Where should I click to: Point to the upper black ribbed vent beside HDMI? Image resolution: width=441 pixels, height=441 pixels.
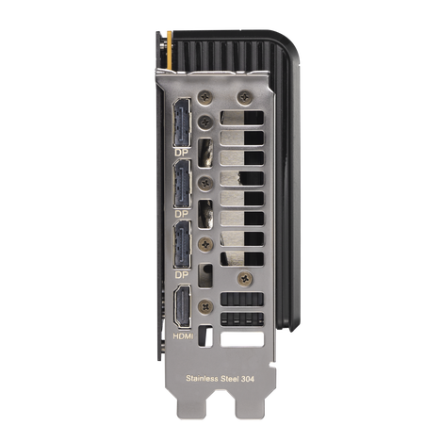point(243,300)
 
